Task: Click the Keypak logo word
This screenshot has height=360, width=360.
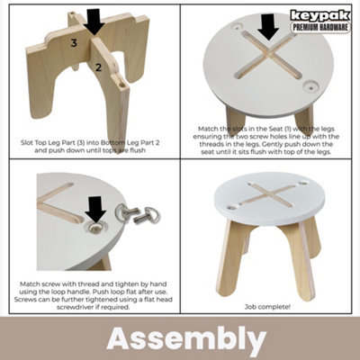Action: pos(321,14)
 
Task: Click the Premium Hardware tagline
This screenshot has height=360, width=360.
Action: pos(321,28)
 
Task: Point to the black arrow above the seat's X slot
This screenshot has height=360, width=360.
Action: pos(266,26)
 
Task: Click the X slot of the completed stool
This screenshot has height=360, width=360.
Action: pos(270,193)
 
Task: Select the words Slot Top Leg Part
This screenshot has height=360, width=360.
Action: pos(51,141)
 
